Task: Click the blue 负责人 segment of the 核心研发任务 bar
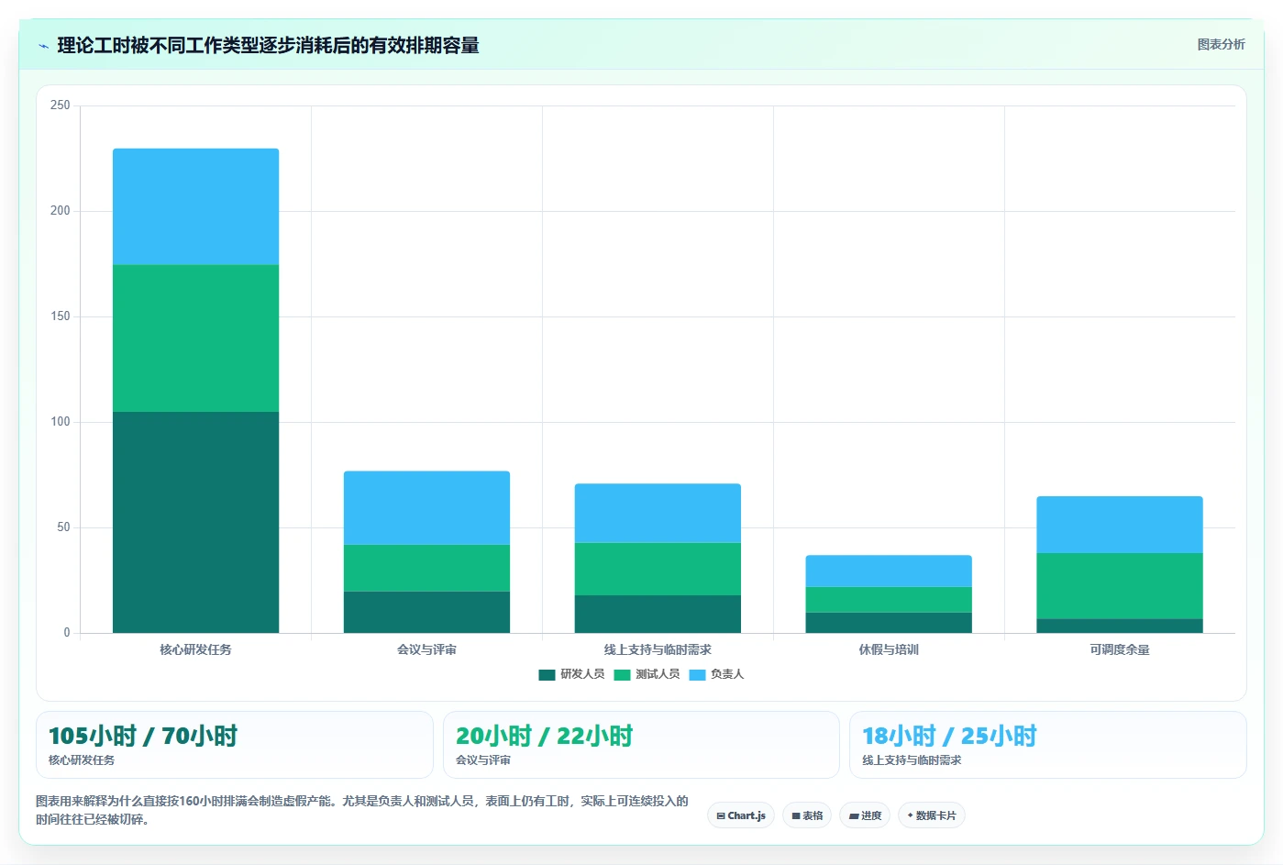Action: (x=196, y=206)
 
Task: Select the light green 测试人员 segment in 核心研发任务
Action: (x=196, y=338)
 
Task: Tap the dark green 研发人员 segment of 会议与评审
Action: (x=426, y=612)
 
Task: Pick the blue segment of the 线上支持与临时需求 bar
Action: (x=658, y=514)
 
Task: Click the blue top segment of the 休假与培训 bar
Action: (x=889, y=571)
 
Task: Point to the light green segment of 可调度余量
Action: (x=1119, y=585)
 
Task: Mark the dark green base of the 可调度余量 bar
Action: (x=1119, y=626)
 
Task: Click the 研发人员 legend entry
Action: (x=571, y=674)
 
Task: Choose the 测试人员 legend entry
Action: (x=647, y=674)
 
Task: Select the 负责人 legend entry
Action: (x=716, y=674)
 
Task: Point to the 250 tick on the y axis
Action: (x=61, y=105)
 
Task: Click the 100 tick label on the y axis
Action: (x=61, y=422)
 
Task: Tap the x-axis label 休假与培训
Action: (x=889, y=649)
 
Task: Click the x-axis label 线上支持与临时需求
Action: (x=658, y=649)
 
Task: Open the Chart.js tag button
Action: (x=741, y=815)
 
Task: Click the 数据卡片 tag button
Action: (x=932, y=815)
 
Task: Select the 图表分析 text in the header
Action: (x=1222, y=44)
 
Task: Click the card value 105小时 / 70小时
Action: (x=143, y=736)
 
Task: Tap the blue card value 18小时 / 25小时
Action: (x=949, y=736)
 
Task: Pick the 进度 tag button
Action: (x=865, y=815)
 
